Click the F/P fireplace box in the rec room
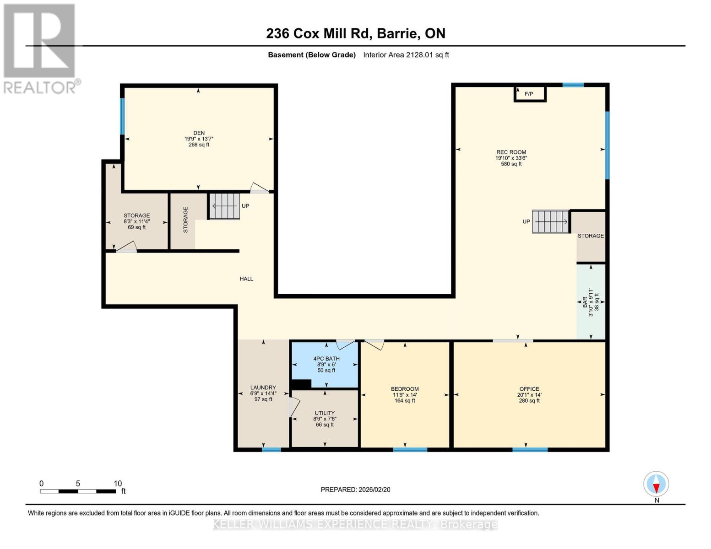tap(530, 94)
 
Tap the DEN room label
tap(199, 133)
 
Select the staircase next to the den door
tap(225, 206)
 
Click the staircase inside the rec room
tap(550, 222)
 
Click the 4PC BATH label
tap(326, 359)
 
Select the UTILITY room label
tap(325, 413)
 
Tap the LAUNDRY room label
tap(263, 388)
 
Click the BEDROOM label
tap(405, 389)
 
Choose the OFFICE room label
tap(529, 389)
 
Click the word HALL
tap(246, 279)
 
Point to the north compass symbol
tap(656, 484)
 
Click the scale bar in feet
tap(78, 491)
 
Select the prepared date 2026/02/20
tap(355, 490)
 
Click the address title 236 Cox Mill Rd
tap(356, 33)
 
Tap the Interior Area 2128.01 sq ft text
tap(406, 55)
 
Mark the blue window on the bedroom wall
tap(410, 450)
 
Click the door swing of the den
tap(259, 188)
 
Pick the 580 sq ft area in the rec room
tap(511, 164)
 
